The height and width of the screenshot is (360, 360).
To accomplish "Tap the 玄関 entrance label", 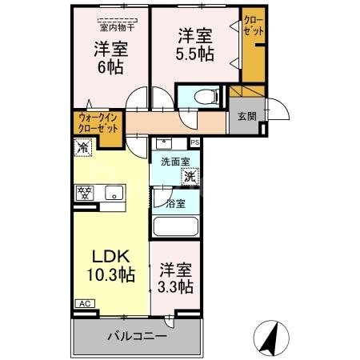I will click(246, 118).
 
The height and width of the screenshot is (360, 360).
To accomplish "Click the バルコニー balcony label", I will click(138, 337).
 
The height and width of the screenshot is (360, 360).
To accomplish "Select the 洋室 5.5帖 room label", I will click(194, 44).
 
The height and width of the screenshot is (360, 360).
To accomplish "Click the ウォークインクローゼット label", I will click(98, 124).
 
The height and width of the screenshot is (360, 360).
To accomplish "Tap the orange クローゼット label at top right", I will click(254, 26).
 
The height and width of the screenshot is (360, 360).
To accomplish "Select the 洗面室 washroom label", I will click(175, 161).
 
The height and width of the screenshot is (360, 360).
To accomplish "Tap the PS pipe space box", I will click(194, 142).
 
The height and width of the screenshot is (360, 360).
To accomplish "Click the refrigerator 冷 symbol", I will click(82, 146).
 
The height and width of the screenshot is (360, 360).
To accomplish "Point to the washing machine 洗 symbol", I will click(190, 175).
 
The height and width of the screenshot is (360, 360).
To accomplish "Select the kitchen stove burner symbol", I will click(84, 193).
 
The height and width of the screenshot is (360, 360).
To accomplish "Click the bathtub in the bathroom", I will click(175, 226).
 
